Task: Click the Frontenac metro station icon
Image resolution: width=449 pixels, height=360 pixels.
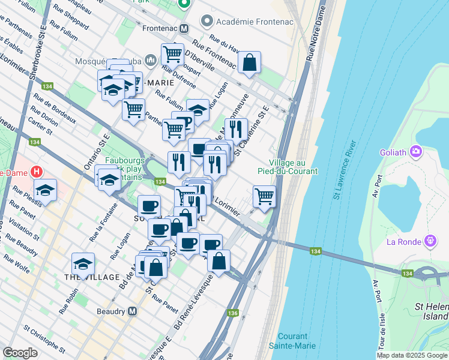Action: point(184,28)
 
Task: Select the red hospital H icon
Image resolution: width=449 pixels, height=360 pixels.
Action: point(37,172)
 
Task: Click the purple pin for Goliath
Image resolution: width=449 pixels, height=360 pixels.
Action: point(415,152)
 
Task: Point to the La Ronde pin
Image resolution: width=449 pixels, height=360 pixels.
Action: point(430,242)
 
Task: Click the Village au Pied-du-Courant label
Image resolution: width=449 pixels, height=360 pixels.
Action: point(294,167)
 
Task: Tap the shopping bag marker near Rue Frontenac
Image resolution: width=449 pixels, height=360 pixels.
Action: point(249,62)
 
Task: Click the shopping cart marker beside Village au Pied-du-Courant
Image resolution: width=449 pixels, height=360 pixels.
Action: point(264,196)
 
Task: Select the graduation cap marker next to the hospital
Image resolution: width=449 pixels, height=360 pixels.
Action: point(45,190)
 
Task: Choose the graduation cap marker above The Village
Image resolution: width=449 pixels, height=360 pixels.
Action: point(83,263)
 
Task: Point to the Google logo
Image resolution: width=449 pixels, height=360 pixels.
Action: point(20,353)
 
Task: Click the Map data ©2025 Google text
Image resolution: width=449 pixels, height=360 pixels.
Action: point(412,355)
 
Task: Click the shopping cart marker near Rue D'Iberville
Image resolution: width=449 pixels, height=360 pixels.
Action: point(172,55)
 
